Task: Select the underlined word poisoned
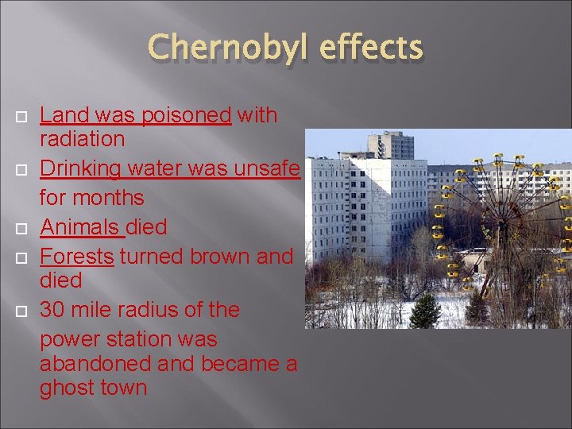point(186,115)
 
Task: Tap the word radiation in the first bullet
point(83,139)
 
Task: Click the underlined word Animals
point(81,227)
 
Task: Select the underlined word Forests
point(77,257)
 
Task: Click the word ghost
point(68,388)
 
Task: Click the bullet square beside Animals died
point(21,229)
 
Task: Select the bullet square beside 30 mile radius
point(21,311)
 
